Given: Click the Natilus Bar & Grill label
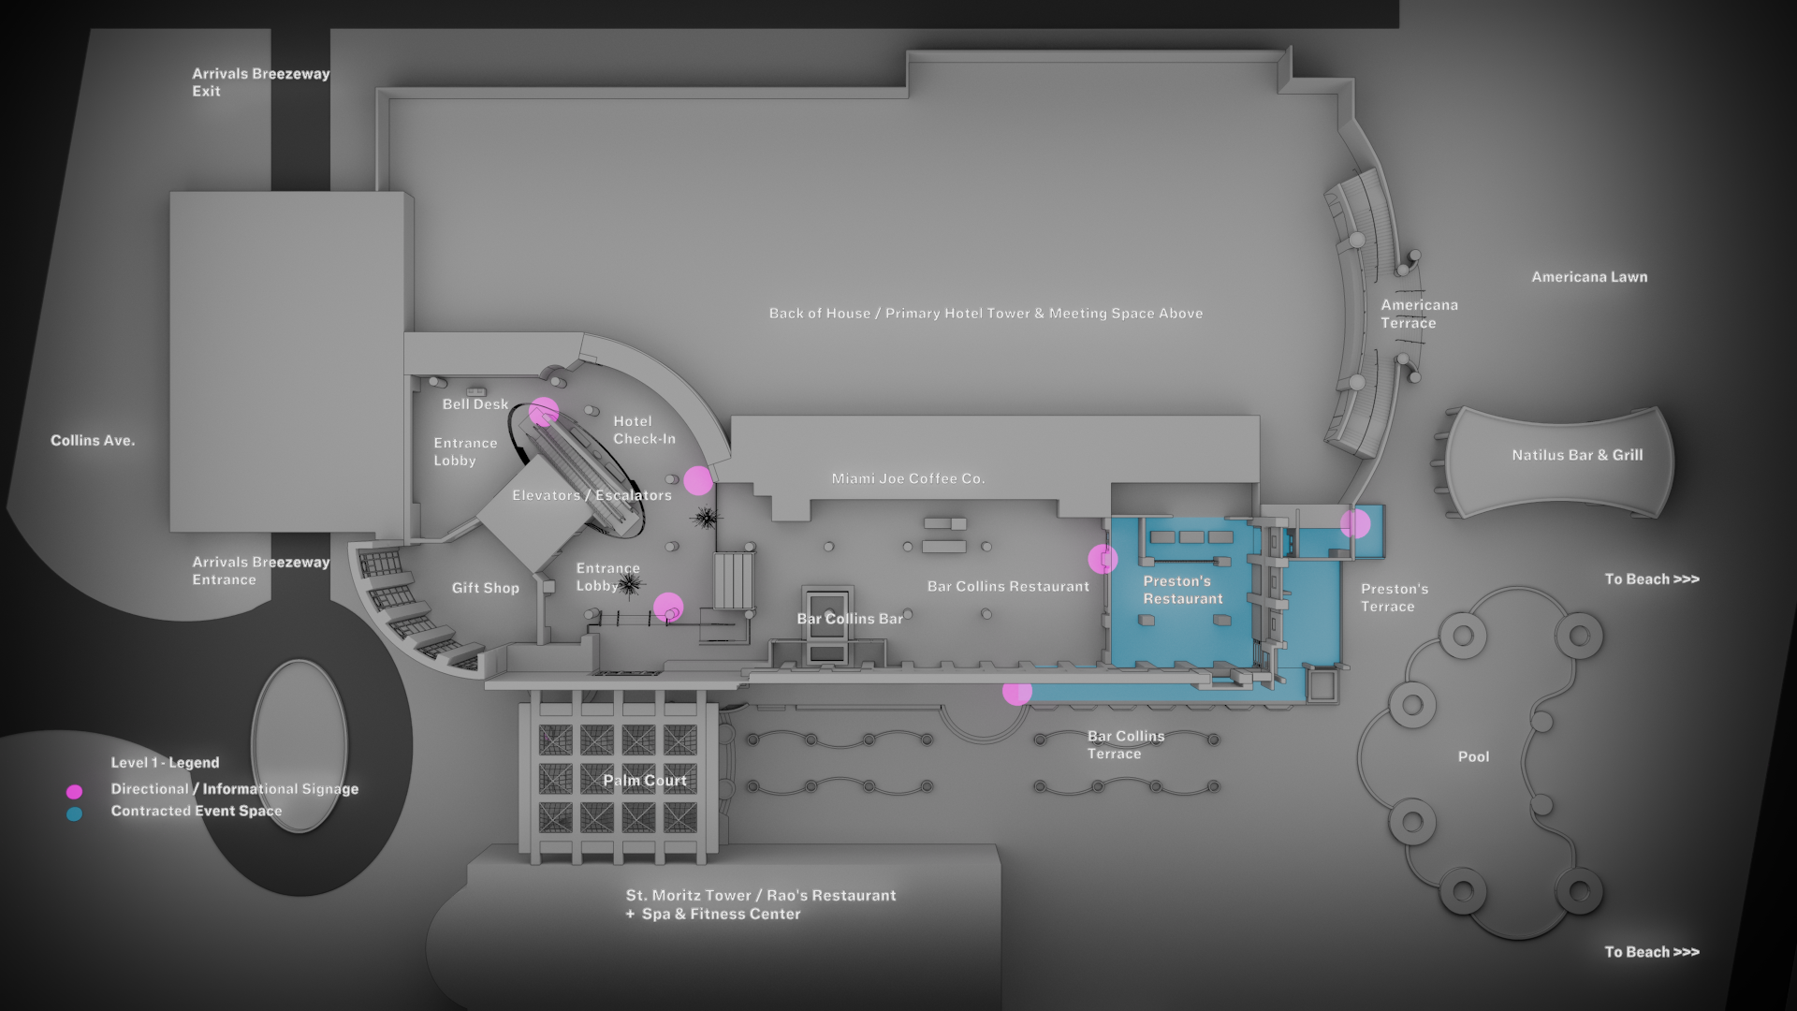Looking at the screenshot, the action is click(1577, 455).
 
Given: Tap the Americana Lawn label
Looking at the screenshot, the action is click(1589, 277).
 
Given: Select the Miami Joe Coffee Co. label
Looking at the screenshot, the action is click(908, 478).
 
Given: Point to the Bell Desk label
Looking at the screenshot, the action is click(475, 404).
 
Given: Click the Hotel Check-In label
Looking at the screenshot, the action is click(644, 430).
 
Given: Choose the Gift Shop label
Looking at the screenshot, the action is click(485, 588).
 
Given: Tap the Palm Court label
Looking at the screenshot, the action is click(645, 780).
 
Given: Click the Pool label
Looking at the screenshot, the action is click(1473, 756).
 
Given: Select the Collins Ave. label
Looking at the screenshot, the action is click(93, 440).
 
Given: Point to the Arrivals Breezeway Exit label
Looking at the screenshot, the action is click(260, 82).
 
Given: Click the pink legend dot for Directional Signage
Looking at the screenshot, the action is click(74, 792).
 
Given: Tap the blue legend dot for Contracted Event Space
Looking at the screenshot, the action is click(74, 814).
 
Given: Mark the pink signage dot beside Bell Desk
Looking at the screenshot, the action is click(544, 412).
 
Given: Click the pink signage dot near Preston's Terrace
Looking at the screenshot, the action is click(1355, 524).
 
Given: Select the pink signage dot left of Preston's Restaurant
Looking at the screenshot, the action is click(1103, 559).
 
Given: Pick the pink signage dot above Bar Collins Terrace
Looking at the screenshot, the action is click(1017, 692).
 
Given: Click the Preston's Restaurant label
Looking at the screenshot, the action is click(1182, 590).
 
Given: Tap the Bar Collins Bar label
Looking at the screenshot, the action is click(850, 619).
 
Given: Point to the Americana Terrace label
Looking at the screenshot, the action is click(1419, 314).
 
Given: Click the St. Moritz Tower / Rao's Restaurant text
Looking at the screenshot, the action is click(761, 896).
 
